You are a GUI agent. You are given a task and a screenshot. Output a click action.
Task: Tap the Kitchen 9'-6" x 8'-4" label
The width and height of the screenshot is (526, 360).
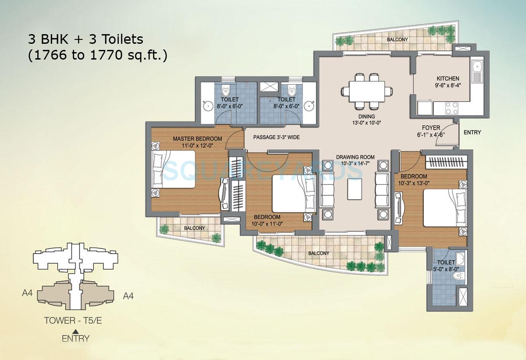[x=448, y=82]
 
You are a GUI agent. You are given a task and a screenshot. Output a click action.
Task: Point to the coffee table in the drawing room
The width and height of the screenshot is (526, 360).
[x=355, y=189]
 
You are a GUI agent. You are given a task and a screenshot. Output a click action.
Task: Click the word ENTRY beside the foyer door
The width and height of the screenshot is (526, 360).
[x=472, y=132]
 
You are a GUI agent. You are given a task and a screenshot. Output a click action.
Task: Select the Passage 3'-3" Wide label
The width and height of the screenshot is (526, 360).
[x=277, y=137]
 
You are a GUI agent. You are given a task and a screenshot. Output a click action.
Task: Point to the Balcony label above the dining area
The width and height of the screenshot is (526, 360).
[x=397, y=39]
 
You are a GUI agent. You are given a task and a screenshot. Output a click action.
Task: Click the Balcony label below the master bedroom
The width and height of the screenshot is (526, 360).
[x=194, y=228]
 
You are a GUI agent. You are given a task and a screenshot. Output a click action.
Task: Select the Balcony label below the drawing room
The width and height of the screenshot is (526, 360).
[x=318, y=253]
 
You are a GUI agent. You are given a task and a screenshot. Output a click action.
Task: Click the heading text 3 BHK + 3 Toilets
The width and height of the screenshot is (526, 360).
[x=86, y=39]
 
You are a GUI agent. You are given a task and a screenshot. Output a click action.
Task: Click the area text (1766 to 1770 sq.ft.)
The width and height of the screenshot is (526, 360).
[x=98, y=56]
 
